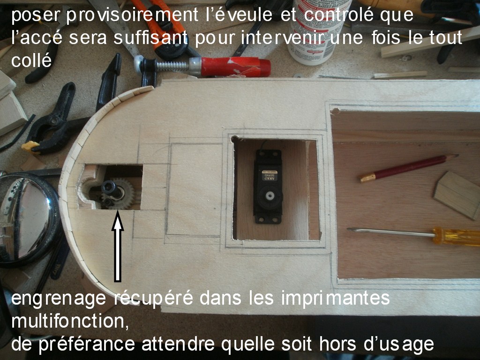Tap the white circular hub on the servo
269,196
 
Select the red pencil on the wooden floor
409,168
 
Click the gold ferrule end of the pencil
367,178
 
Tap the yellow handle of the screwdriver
456,237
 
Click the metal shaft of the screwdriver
390,232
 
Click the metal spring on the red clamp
172,66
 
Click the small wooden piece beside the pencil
457,195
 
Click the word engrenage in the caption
59,298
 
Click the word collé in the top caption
31,60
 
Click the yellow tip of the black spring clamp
30,147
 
